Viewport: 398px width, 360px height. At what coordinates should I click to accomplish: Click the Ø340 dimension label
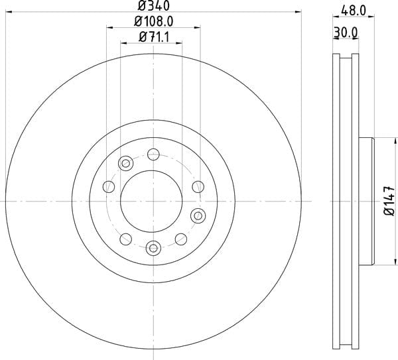[154, 5]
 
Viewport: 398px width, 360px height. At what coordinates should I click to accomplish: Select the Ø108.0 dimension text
[154, 21]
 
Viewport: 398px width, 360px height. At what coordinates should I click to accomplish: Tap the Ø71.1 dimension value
[154, 38]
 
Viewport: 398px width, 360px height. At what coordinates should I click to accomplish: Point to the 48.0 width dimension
[354, 11]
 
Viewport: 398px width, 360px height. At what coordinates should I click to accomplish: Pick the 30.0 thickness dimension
[346, 32]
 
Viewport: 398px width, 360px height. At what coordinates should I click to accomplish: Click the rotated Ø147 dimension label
[389, 201]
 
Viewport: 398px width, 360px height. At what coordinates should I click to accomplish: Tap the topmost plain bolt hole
[153, 154]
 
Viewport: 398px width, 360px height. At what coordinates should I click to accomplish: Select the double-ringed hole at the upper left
[125, 163]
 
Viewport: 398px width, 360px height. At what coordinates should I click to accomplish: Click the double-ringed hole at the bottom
[153, 247]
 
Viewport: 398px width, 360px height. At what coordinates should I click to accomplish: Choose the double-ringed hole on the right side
[198, 215]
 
